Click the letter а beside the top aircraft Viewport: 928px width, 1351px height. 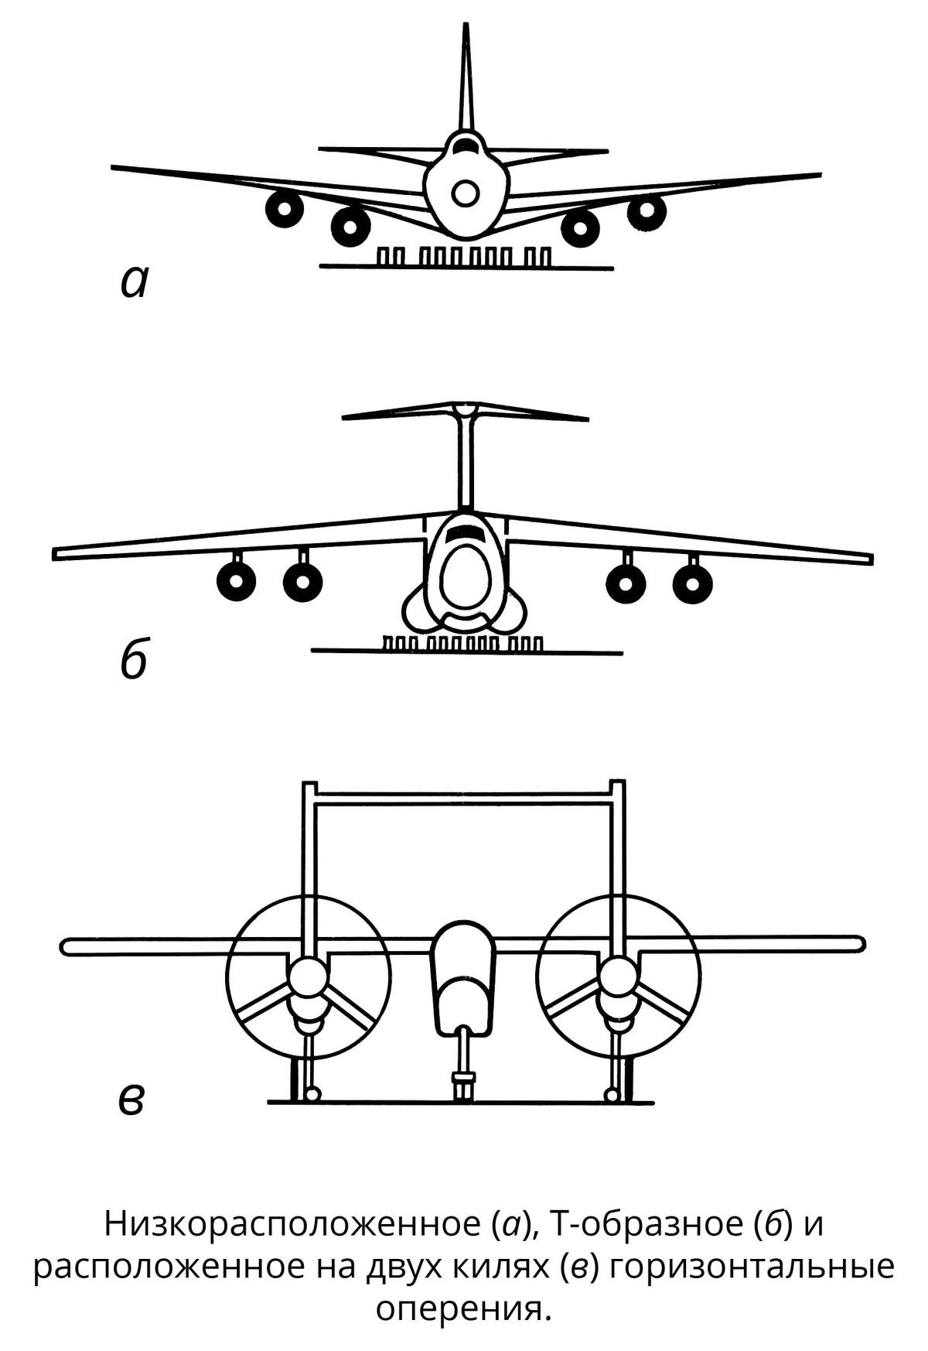[134, 283]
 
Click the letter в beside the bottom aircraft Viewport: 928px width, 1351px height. [131, 1100]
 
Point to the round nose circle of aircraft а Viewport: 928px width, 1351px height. [465, 193]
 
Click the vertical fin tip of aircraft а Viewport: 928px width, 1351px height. [465, 29]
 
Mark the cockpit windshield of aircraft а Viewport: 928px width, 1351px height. [465, 144]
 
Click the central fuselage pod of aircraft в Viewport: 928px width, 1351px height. [462, 979]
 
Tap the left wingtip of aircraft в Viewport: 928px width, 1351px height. [68, 946]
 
